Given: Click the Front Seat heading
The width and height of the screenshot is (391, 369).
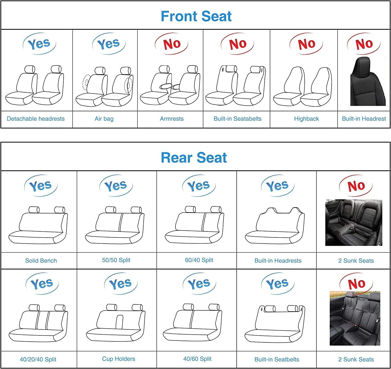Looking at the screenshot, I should [196, 16].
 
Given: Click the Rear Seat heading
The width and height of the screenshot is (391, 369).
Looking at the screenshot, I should [194, 158].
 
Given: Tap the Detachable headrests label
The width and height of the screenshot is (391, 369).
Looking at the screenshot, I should [36, 119].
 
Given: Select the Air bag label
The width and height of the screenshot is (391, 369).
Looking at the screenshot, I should [104, 119].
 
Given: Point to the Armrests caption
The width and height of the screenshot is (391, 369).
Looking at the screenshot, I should [172, 119].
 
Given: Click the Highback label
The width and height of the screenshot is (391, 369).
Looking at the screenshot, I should [306, 119].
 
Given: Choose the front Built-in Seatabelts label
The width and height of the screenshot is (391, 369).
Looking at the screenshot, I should [237, 119].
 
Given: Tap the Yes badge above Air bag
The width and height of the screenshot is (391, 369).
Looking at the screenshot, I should [109, 44].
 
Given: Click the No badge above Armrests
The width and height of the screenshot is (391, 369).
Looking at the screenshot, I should [172, 44].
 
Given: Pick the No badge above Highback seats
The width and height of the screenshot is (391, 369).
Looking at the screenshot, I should [306, 44].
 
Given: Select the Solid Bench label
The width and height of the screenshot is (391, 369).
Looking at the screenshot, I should [41, 261].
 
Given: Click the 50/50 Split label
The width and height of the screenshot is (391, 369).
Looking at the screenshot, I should [116, 260].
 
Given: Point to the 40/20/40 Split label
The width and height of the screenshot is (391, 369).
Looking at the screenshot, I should [38, 359].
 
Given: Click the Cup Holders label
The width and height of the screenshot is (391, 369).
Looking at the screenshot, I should [119, 359].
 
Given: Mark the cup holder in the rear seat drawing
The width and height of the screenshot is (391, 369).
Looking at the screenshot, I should [119, 322].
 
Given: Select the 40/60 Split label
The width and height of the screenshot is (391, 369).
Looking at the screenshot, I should [197, 359].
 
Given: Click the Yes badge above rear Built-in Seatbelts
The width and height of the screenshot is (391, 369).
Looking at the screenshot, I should [278, 284].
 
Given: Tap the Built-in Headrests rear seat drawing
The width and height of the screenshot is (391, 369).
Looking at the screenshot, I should [275, 226].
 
